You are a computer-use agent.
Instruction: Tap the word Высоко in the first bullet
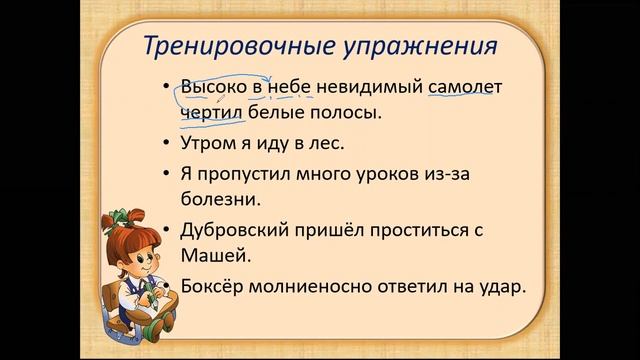tap(214, 87)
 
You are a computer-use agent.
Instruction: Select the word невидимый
tap(371, 87)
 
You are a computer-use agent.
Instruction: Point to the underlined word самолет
tap(464, 87)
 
